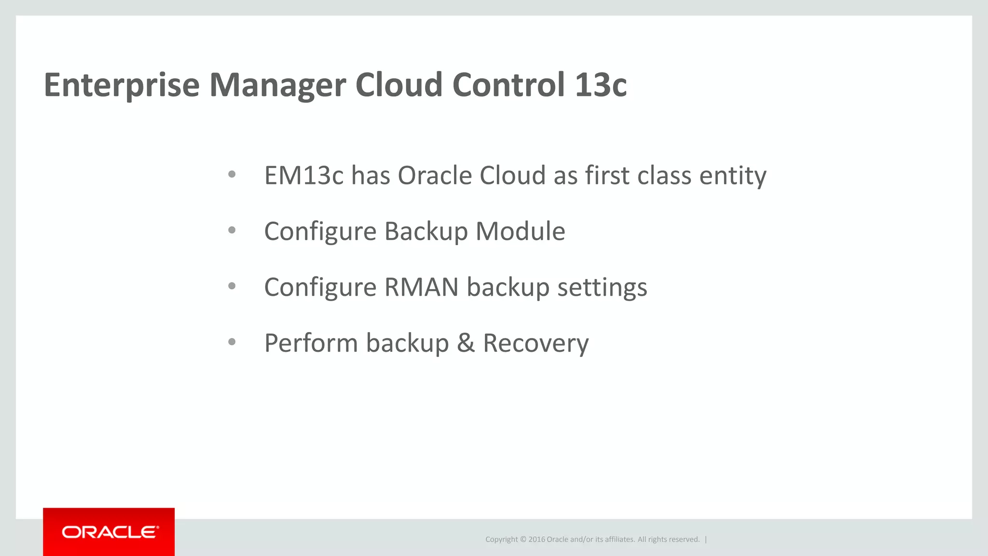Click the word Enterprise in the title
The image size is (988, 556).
(x=122, y=86)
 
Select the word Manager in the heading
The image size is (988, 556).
(x=277, y=86)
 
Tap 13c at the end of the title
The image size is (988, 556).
(x=601, y=85)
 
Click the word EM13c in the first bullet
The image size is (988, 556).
(x=303, y=176)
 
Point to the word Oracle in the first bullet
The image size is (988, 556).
(x=434, y=176)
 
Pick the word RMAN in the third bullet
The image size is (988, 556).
(x=421, y=287)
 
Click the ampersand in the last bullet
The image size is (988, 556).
(x=466, y=343)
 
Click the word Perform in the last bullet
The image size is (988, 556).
(x=311, y=343)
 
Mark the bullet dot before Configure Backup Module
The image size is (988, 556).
(x=232, y=230)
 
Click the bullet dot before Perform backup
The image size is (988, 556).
(x=232, y=342)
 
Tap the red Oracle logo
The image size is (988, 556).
(x=109, y=532)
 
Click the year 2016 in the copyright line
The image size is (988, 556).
(x=536, y=540)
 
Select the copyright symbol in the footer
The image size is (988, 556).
(x=523, y=540)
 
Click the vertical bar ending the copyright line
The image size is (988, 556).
(x=706, y=540)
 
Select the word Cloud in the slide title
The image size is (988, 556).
(x=398, y=85)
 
